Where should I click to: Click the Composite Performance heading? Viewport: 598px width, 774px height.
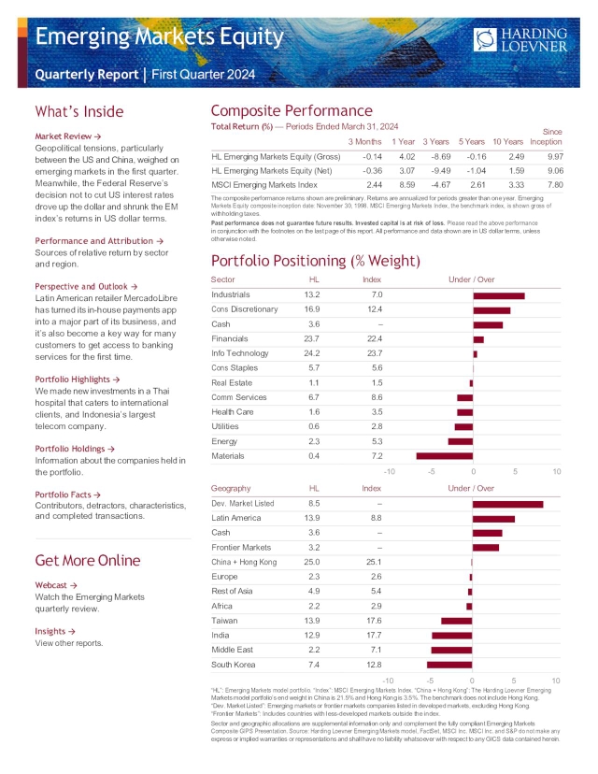pyautogui.click(x=292, y=110)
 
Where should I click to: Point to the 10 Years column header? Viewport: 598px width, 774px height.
pyautogui.click(x=508, y=141)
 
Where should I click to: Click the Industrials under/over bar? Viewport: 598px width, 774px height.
pyautogui.click(x=499, y=295)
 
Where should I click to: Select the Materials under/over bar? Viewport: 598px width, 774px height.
pyautogui.click(x=445, y=455)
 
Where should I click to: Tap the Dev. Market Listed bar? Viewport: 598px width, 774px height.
pyautogui.click(x=507, y=504)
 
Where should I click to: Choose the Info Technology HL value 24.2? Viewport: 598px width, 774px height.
pyautogui.click(x=312, y=353)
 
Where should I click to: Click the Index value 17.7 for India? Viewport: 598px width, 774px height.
pyautogui.click(x=371, y=635)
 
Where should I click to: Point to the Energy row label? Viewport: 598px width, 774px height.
pyautogui.click(x=224, y=440)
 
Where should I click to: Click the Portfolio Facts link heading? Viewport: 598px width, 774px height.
pyautogui.click(x=69, y=494)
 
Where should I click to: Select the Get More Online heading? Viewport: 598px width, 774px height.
pyautogui.click(x=89, y=560)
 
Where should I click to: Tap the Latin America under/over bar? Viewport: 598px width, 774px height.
pyautogui.click(x=493, y=518)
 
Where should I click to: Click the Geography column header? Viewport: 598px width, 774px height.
pyautogui.click(x=231, y=488)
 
